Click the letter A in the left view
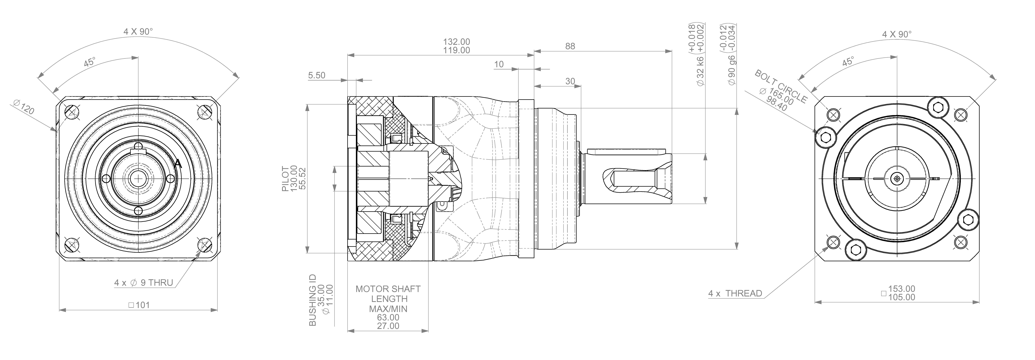(x=178, y=164)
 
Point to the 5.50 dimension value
(x=317, y=75)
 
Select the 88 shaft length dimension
(x=570, y=46)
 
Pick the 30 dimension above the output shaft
(x=570, y=81)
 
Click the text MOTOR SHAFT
(x=388, y=289)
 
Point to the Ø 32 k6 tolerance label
(x=700, y=71)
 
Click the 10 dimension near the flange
(x=499, y=64)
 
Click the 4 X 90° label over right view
(x=897, y=35)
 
